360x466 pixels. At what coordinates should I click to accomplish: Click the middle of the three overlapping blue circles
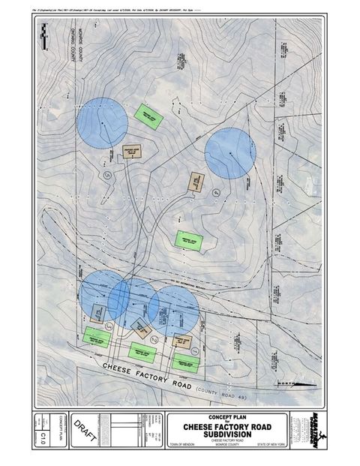(x=132, y=298)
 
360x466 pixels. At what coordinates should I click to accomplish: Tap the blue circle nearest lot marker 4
(x=230, y=153)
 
